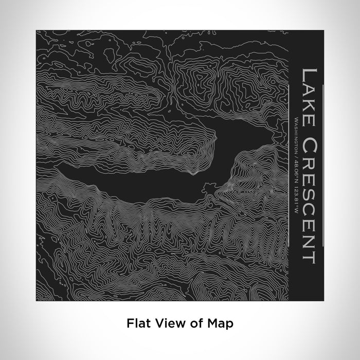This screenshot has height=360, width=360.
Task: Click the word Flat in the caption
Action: [137, 323]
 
